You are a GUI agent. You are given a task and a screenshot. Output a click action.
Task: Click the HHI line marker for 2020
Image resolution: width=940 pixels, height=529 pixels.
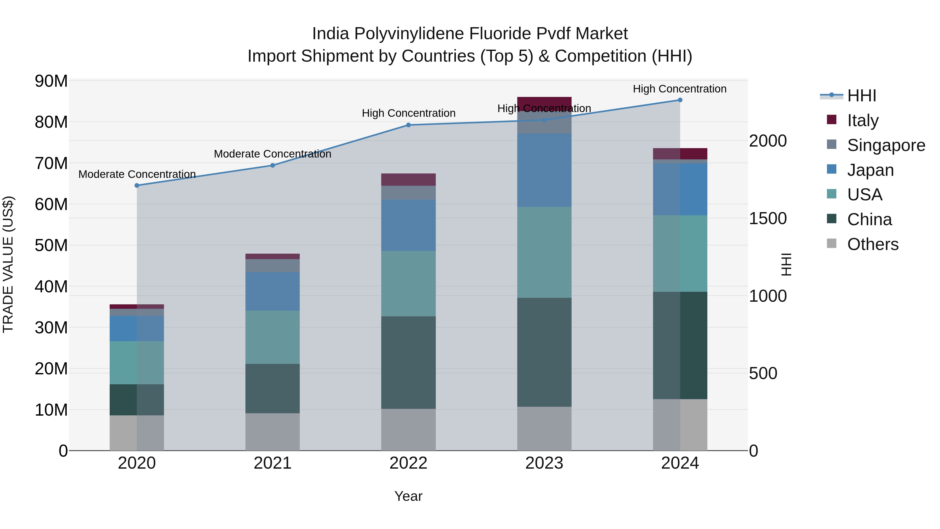[x=137, y=185]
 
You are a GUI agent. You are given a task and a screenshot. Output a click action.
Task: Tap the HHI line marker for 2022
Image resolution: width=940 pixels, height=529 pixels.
[x=408, y=125]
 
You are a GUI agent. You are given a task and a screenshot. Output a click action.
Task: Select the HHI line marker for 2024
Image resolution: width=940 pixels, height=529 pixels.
[x=680, y=100]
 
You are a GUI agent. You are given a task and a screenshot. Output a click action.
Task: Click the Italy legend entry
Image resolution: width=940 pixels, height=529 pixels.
[x=863, y=120]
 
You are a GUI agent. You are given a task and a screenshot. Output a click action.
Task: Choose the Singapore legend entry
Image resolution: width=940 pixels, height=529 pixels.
[x=886, y=145]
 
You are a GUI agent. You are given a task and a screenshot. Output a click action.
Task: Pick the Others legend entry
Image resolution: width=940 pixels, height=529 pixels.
[x=872, y=244]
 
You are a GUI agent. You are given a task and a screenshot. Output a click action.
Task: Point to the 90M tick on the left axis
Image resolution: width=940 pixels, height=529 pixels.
[x=51, y=81]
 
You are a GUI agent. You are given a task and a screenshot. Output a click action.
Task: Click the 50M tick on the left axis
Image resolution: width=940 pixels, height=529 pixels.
[x=51, y=245]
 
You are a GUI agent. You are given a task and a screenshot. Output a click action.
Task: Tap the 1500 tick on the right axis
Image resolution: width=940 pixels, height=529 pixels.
[x=768, y=218]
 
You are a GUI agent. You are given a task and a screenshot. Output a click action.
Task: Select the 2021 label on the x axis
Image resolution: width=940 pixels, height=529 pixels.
[x=273, y=463]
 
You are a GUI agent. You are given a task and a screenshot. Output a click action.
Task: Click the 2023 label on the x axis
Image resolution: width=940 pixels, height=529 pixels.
[x=544, y=463]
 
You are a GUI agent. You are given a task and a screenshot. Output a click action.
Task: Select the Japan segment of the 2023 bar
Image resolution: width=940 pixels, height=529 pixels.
[x=544, y=170]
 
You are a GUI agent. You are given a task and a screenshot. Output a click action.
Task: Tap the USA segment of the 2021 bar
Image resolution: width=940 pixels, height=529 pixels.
[x=273, y=337]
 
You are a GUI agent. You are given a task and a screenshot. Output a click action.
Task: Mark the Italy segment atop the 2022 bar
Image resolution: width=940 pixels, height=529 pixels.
[x=408, y=180]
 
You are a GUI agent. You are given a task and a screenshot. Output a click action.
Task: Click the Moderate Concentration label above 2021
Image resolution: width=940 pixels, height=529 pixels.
[x=273, y=154]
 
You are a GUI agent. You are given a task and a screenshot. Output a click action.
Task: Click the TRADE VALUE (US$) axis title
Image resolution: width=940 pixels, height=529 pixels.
[x=8, y=264]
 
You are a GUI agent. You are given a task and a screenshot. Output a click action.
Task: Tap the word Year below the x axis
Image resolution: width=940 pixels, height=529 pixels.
[x=408, y=496]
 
